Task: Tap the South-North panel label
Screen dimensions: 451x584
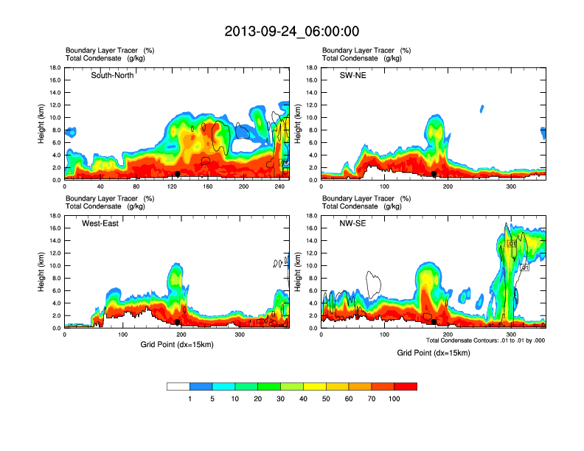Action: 112,75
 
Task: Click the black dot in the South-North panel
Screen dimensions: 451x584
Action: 178,173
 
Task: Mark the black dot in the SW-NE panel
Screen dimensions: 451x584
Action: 434,173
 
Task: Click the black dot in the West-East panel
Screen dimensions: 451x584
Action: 178,322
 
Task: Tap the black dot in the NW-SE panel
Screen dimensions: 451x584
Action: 434,322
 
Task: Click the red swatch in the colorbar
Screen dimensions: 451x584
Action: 406,386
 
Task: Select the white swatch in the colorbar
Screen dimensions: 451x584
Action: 178,386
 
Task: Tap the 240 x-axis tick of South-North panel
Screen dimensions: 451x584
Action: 280,186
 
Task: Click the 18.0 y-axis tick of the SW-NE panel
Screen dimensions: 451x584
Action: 313,68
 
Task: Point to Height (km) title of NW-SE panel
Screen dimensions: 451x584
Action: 299,272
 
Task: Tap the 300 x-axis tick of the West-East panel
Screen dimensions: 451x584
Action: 240,335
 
